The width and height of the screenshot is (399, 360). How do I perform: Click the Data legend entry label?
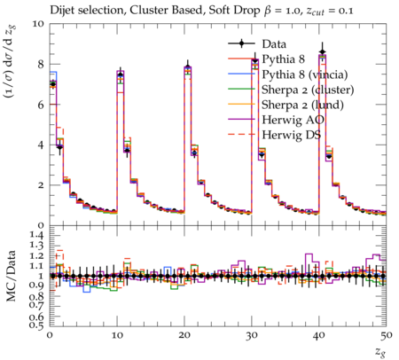pos(274,44)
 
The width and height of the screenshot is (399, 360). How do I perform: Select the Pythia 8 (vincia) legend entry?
pos(305,74)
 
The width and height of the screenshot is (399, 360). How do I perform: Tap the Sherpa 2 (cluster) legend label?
pos(308,90)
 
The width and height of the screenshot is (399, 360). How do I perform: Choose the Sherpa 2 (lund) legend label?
pos(302,105)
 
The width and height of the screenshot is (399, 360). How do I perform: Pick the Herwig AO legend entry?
pos(293,120)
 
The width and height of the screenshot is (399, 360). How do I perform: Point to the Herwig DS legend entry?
pos(292,135)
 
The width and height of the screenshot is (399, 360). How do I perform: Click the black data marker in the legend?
pos(241,43)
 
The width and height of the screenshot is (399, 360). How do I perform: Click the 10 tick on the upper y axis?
pos(38,24)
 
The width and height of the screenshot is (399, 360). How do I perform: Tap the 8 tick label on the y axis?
pos(41,64)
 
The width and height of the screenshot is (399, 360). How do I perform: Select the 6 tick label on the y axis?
pos(41,105)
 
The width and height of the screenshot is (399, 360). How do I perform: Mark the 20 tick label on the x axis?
pos(184,335)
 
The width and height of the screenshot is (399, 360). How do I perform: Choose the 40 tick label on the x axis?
pos(319,335)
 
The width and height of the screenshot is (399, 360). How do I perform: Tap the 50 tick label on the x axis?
pos(387,335)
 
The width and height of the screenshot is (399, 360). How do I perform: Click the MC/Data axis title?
pos(11,276)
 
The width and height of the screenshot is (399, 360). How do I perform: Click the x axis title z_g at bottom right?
pos(380,352)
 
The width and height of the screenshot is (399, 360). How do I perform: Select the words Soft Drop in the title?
pos(236,11)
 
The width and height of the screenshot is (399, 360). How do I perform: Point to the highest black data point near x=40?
pos(323,52)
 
